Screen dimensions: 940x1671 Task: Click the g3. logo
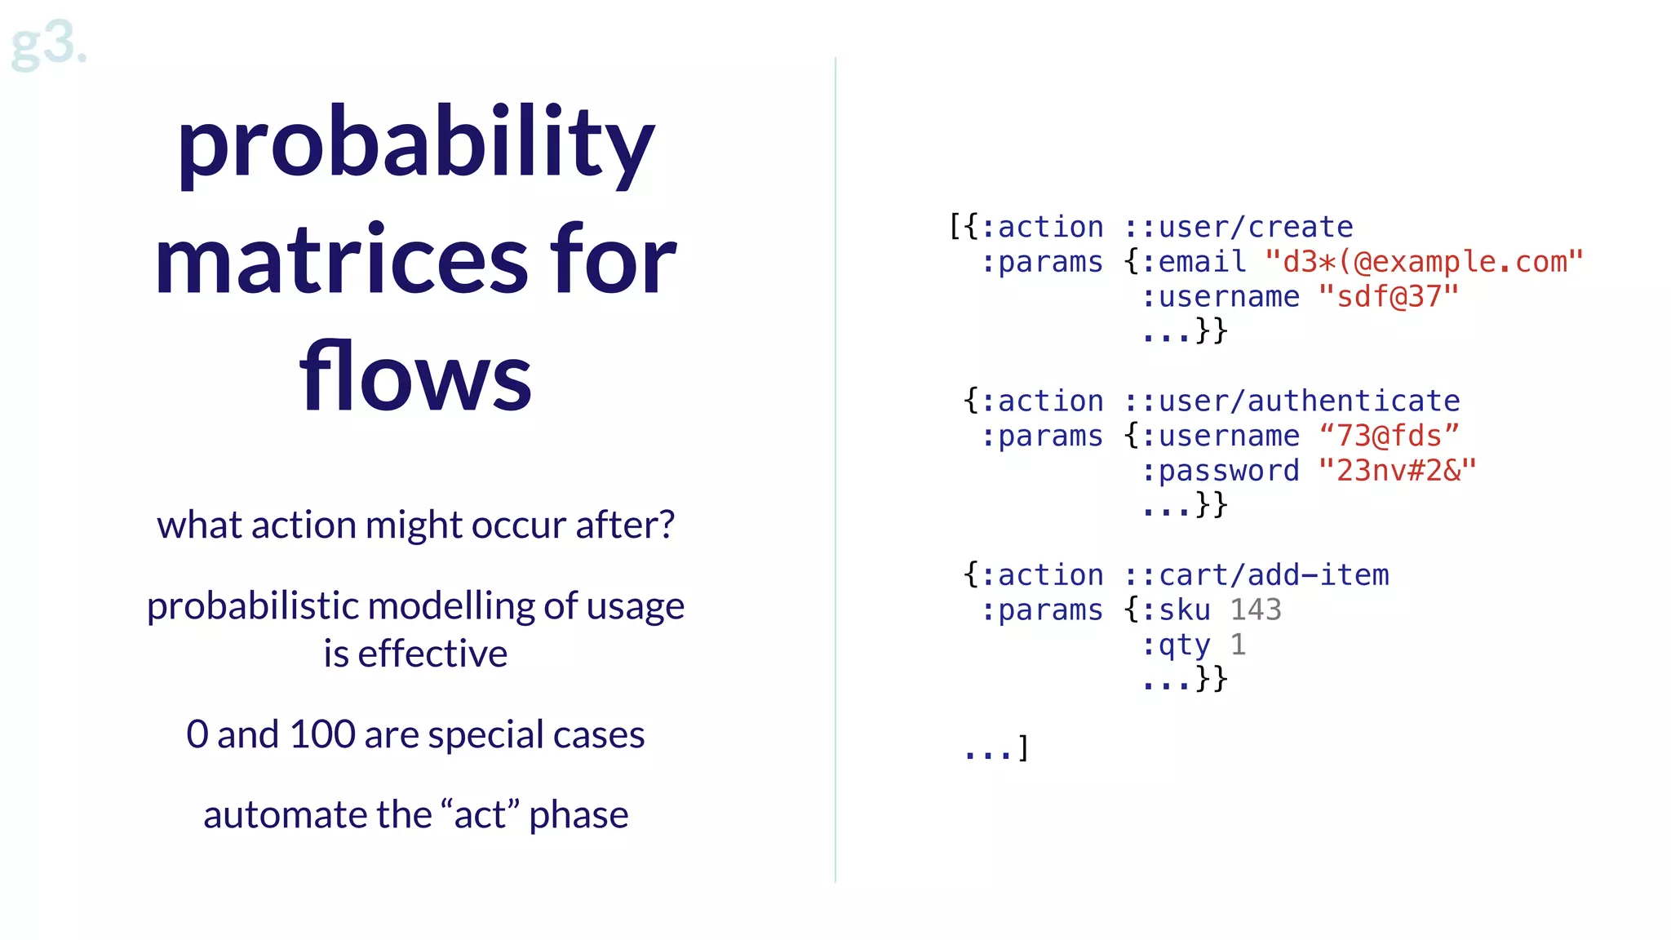click(x=47, y=45)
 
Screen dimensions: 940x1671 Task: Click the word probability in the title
click(x=416, y=143)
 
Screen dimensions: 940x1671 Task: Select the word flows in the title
click(x=416, y=377)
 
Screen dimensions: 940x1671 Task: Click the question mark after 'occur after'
click(x=667, y=525)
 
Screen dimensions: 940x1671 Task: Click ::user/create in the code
click(x=1239, y=227)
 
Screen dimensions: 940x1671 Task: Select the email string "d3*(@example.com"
click(x=1423, y=262)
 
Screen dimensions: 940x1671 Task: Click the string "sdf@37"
click(x=1388, y=297)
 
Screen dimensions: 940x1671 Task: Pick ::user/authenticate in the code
click(x=1292, y=401)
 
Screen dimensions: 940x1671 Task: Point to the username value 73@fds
click(x=1389, y=436)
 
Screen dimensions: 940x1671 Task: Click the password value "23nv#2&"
click(x=1397, y=471)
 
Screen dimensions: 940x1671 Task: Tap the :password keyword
click(x=1221, y=471)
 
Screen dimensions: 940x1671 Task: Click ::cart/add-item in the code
click(x=1257, y=575)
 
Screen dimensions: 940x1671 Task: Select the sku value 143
click(x=1256, y=610)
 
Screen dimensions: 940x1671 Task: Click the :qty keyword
click(x=1176, y=645)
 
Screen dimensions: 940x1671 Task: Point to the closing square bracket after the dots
click(x=1023, y=748)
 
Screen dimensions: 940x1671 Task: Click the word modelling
click(x=452, y=606)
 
